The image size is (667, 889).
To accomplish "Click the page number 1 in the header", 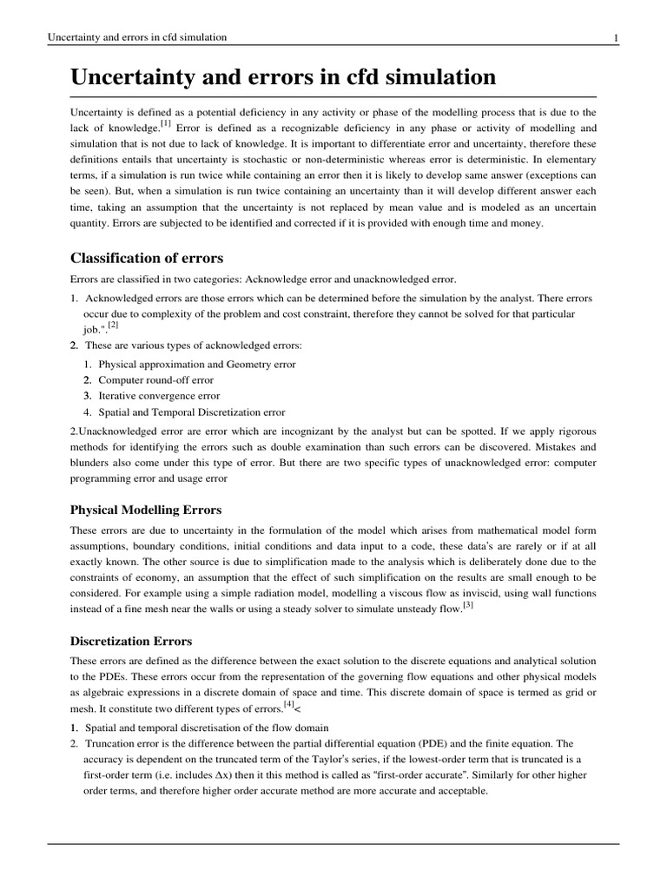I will (615, 37).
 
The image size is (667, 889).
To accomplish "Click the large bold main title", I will (283, 78).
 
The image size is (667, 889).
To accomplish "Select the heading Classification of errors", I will (146, 258).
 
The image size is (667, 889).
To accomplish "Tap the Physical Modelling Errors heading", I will (145, 510).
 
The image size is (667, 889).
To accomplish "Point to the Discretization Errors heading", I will (132, 642).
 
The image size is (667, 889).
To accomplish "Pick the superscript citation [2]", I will (113, 326).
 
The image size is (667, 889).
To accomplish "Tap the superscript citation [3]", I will (467, 605).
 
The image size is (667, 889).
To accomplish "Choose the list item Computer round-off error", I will (155, 380).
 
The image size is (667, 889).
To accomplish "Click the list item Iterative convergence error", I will (154, 396).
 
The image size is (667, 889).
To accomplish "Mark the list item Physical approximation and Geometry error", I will (185, 365).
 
